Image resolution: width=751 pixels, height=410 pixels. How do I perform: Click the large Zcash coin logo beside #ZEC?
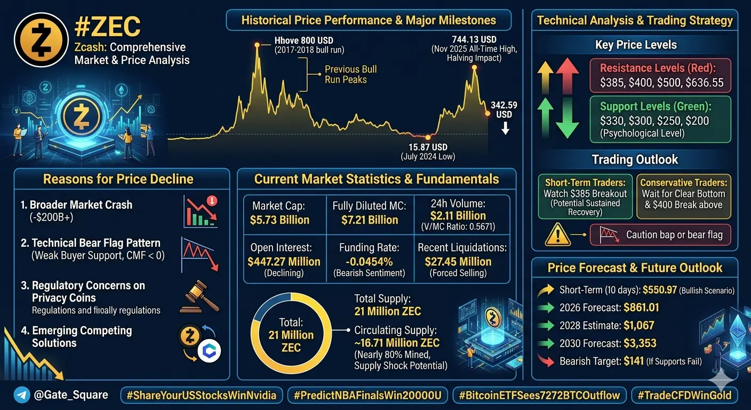pos(41,40)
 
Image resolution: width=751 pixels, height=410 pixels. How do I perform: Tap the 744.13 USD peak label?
pos(474,40)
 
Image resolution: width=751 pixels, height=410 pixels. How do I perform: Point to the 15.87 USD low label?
pos(428,147)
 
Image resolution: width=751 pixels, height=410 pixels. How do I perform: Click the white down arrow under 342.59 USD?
pos(505,128)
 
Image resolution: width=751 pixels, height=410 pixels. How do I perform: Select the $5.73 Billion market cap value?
pos(279,220)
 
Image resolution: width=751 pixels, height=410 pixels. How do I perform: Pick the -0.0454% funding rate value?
pos(369,262)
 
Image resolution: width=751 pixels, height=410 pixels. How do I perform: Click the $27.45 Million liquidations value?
pos(458,262)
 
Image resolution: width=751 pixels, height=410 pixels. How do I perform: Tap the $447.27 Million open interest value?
pos(284,262)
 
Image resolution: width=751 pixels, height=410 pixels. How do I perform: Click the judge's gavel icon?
pos(199,297)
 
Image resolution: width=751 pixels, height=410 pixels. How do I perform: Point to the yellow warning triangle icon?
pos(557,234)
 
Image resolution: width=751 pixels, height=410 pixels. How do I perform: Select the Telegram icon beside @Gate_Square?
pos(22,395)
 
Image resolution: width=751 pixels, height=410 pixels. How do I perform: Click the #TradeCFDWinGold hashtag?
pos(684,395)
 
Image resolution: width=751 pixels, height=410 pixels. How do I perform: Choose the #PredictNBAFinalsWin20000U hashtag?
pos(367,395)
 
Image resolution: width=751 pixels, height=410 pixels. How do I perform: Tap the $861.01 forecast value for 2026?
pos(641,307)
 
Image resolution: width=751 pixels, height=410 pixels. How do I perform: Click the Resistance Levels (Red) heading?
pos(658,68)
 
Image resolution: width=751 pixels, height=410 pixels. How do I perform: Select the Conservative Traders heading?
pos(684,183)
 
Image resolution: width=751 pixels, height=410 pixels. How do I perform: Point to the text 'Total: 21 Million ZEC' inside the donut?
pos(291,335)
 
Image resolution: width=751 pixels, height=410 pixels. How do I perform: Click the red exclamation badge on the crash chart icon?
pos(212,201)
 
